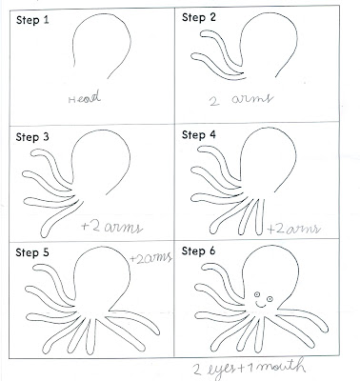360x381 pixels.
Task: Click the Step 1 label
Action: point(32,21)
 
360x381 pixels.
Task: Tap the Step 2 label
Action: point(199,17)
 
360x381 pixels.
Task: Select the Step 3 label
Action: point(32,137)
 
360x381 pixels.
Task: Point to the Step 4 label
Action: point(199,135)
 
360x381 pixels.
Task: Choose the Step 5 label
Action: point(32,252)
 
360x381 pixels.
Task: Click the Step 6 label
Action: point(199,251)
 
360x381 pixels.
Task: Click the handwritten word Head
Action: point(85,96)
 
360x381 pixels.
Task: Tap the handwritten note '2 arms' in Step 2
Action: point(241,99)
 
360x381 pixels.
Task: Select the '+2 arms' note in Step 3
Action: point(111,228)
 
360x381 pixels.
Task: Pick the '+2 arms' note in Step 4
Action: point(293,229)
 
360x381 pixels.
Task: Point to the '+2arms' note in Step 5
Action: point(150,258)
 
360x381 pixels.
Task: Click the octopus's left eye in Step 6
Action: point(257,294)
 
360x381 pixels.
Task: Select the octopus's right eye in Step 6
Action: point(270,299)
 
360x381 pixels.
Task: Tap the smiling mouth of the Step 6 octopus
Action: point(261,306)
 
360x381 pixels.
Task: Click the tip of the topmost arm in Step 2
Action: point(201,34)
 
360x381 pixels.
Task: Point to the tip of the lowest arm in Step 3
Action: point(44,234)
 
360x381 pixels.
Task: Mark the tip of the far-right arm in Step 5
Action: point(157,331)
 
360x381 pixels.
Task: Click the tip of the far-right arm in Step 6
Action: point(326,330)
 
